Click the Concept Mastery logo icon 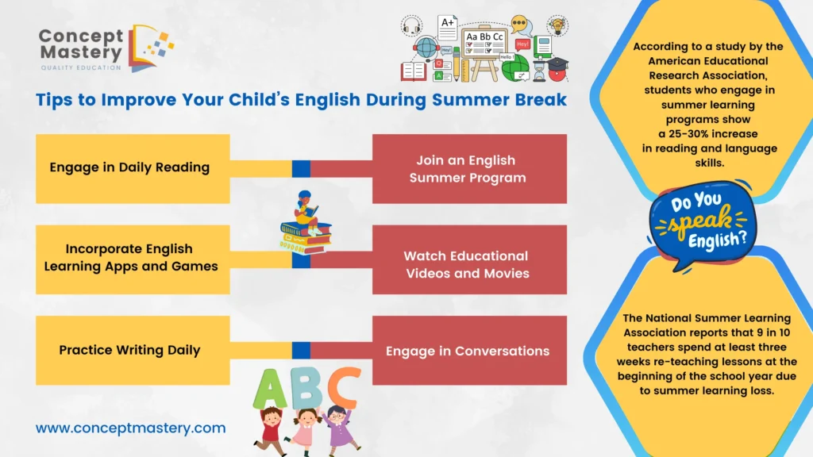[x=152, y=48]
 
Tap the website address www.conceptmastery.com [x=131, y=428]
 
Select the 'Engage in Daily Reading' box [x=133, y=168]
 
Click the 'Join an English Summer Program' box [x=469, y=168]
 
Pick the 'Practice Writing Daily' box [x=133, y=350]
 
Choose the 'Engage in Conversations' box [x=469, y=350]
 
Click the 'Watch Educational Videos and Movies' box [x=469, y=259]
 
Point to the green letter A [x=270, y=389]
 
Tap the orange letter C [x=343, y=387]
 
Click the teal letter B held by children [x=306, y=389]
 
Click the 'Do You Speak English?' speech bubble [x=703, y=223]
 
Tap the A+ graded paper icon [x=448, y=28]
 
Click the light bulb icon [x=557, y=25]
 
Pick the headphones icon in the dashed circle [x=412, y=26]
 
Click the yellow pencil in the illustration [x=457, y=65]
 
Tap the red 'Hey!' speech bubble [x=522, y=44]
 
